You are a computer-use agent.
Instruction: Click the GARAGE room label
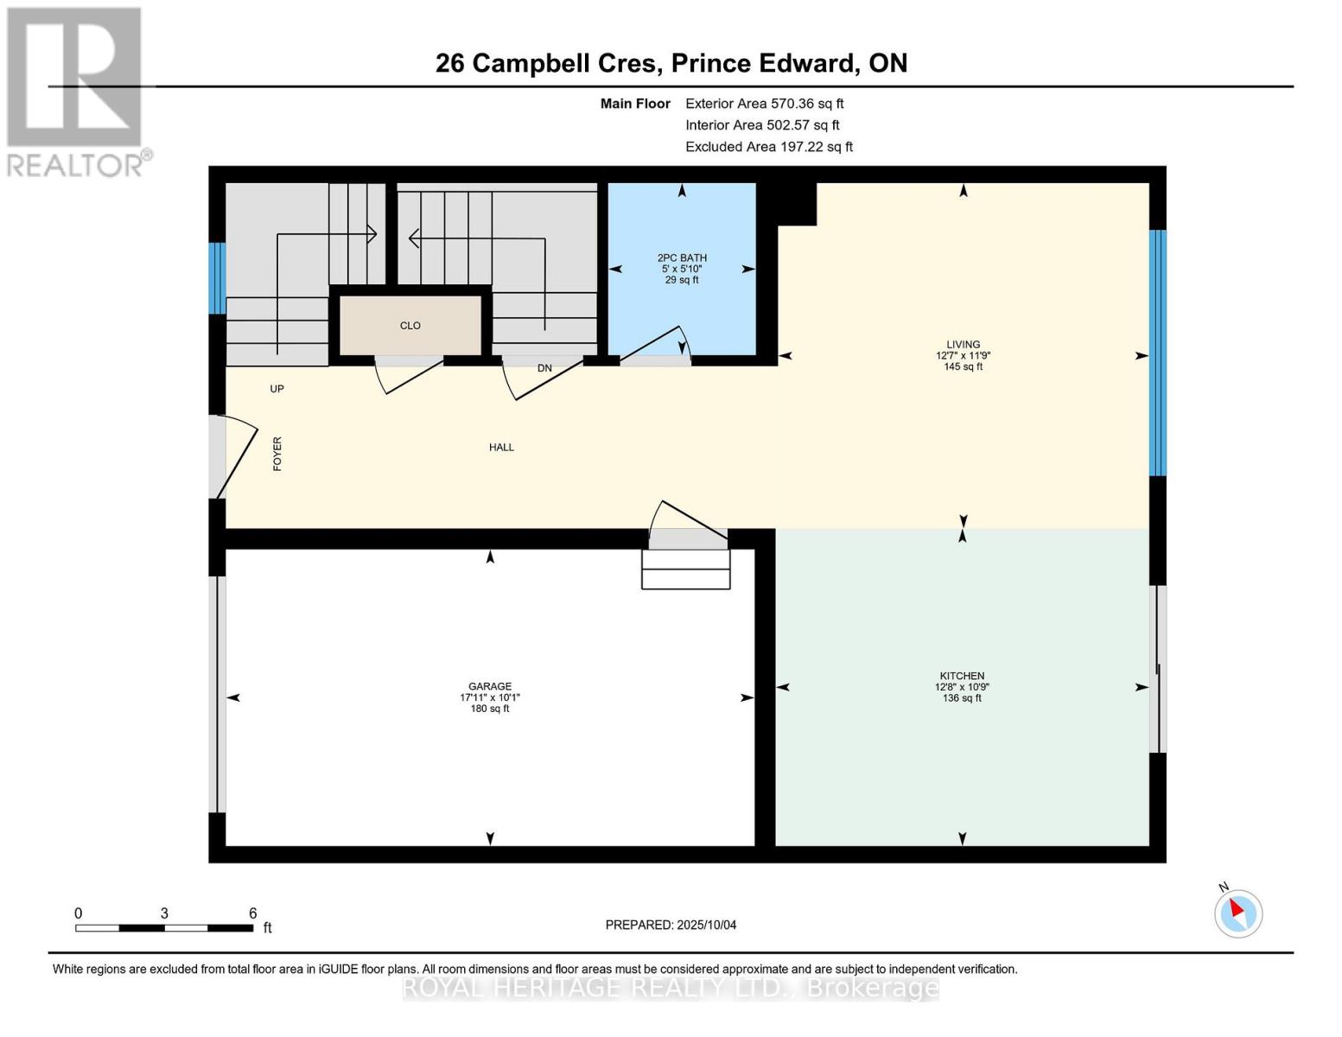pyautogui.click(x=490, y=686)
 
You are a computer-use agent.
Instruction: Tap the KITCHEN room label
pyautogui.click(x=962, y=676)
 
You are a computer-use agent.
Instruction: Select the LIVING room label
pyautogui.click(x=963, y=344)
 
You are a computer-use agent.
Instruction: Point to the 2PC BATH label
pyautogui.click(x=682, y=258)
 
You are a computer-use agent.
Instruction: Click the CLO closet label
pyautogui.click(x=410, y=326)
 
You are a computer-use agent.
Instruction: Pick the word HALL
pyautogui.click(x=501, y=447)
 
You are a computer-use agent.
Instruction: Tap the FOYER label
pyautogui.click(x=277, y=454)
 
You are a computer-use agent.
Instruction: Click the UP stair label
pyautogui.click(x=277, y=389)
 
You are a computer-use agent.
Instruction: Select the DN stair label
pyautogui.click(x=544, y=368)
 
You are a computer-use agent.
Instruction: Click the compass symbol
pyautogui.click(x=1238, y=913)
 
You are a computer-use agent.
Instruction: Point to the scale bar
pyautogui.click(x=164, y=928)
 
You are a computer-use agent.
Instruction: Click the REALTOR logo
pyautogui.click(x=76, y=91)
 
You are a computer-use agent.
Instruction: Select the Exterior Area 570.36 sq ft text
pyautogui.click(x=764, y=103)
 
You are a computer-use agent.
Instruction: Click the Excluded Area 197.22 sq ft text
pyautogui.click(x=768, y=147)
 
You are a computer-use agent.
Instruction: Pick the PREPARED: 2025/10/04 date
pyautogui.click(x=671, y=925)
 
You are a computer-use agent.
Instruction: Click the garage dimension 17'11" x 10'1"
pyautogui.click(x=490, y=697)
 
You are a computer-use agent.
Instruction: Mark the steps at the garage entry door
pyautogui.click(x=686, y=569)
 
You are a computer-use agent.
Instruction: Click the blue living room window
pyautogui.click(x=1157, y=353)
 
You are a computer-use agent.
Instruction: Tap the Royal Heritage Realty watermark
pyautogui.click(x=671, y=988)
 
